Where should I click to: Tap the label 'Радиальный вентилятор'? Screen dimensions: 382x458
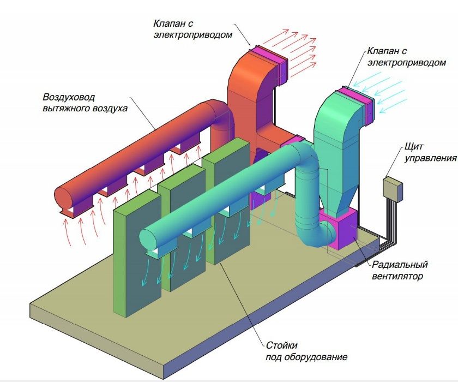[400, 271]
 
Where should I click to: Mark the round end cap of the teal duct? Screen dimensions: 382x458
[146, 238]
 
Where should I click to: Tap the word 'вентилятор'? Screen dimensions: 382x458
[399, 277]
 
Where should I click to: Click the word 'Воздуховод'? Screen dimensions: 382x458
[69, 97]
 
